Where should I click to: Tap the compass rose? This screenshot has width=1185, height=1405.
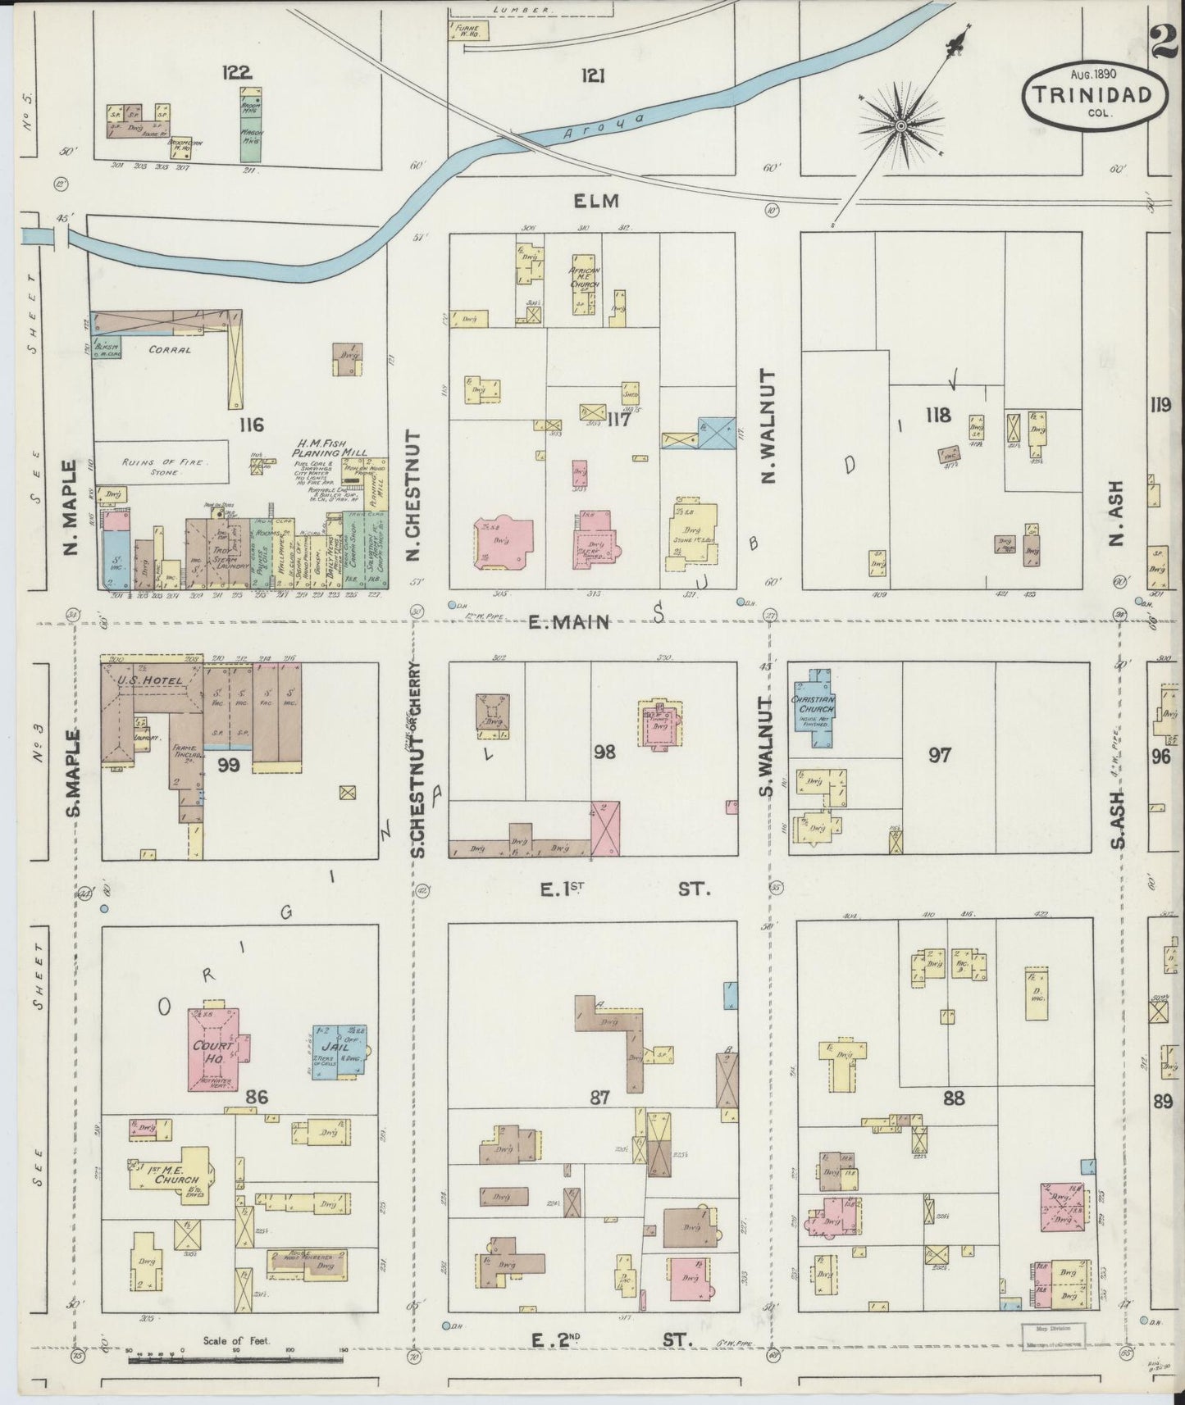point(900,125)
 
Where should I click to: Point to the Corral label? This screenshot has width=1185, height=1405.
point(169,349)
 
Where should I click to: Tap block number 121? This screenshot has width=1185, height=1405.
point(593,75)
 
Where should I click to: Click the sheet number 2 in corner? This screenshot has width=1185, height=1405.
point(1164,40)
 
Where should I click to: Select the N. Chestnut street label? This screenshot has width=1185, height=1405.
point(412,497)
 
